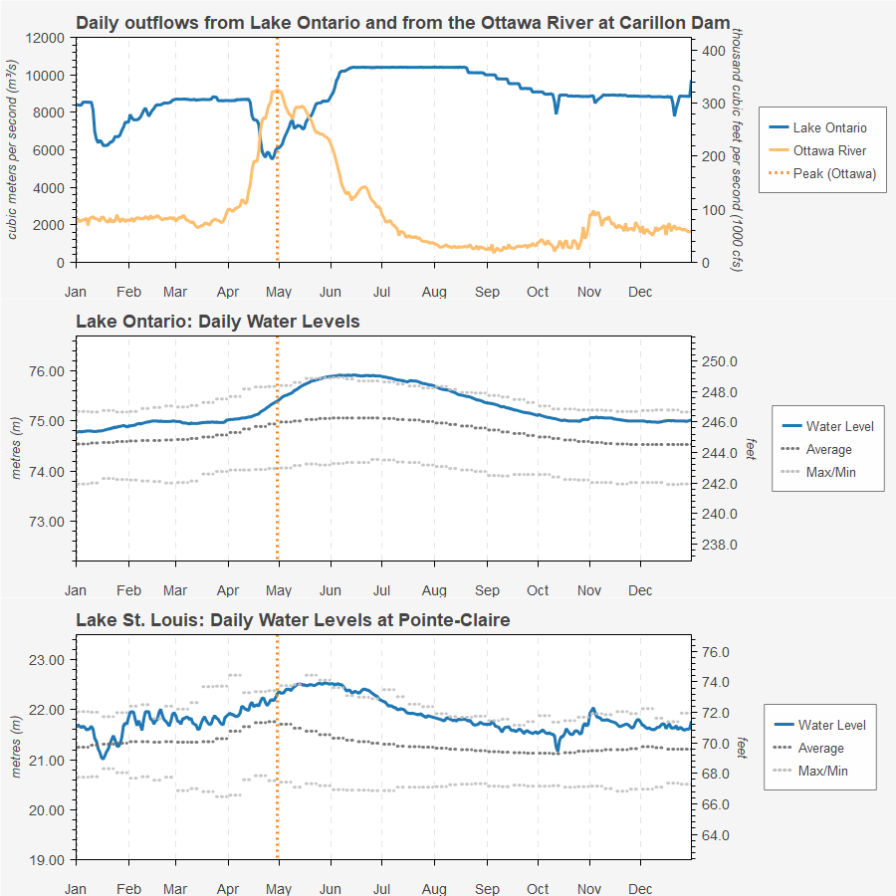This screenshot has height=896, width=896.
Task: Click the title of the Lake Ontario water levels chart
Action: (217, 322)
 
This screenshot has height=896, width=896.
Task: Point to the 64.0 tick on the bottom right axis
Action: (717, 834)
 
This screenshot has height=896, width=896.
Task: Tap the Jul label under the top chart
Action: (380, 292)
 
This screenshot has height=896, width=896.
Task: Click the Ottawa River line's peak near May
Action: (276, 91)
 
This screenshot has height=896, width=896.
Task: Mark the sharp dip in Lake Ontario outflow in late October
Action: (557, 112)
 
